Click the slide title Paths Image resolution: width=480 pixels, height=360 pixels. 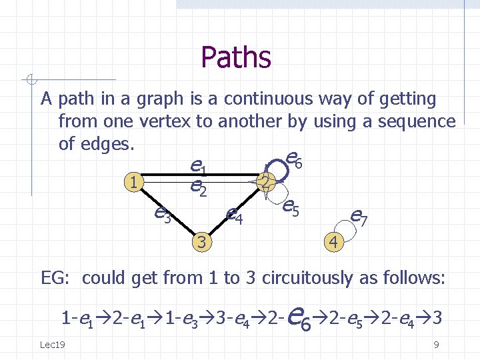[x=236, y=57]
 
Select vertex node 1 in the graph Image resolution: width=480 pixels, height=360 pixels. [x=135, y=181]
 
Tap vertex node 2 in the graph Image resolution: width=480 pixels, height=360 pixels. [x=265, y=181]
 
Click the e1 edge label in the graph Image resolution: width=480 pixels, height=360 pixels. [x=197, y=165]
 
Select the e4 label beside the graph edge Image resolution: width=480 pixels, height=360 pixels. [x=233, y=215]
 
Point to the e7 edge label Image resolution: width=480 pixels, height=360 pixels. [x=359, y=216]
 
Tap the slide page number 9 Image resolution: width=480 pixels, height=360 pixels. [x=435, y=345]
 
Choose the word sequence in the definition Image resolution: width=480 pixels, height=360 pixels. [x=417, y=121]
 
